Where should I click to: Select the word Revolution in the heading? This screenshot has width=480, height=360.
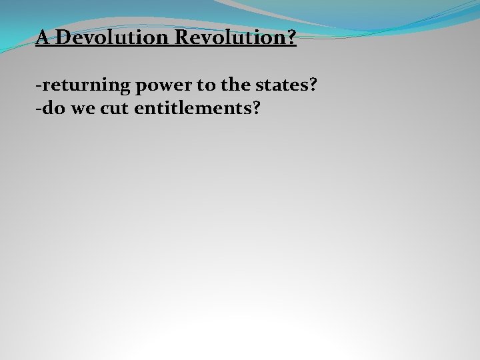230,38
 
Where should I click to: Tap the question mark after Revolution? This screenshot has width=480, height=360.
291,38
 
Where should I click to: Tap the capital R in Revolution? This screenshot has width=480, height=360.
182,38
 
